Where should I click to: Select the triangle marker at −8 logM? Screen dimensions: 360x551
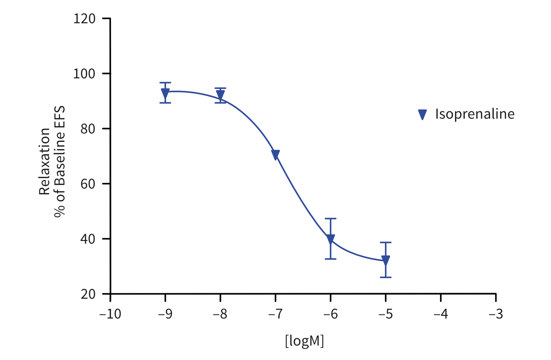tap(220, 95)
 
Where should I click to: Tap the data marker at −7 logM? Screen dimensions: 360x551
tap(275, 155)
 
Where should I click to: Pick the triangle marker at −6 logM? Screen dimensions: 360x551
tap(331, 239)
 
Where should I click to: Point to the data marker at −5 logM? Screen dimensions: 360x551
tap(386, 260)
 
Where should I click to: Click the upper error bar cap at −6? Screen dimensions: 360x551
tap(331, 219)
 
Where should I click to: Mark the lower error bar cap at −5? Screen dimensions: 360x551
tap(386, 277)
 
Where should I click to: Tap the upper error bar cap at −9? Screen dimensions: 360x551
tap(165, 83)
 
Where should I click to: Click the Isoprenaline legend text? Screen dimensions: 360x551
tap(475, 114)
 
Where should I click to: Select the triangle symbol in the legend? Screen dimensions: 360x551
tap(422, 115)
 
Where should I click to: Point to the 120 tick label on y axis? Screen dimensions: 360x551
tap(84, 18)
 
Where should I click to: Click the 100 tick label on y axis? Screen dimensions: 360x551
tap(84, 73)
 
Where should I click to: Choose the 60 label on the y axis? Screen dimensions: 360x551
tap(88, 184)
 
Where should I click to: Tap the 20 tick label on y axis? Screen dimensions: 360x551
tap(88, 294)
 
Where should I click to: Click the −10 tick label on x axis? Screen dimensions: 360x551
tap(110, 314)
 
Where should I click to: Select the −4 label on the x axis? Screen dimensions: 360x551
tap(441, 314)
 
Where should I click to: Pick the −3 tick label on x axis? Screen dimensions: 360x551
tap(496, 314)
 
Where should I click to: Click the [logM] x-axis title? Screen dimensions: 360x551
tap(305, 341)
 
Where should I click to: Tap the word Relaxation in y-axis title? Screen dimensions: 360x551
tap(44, 161)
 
